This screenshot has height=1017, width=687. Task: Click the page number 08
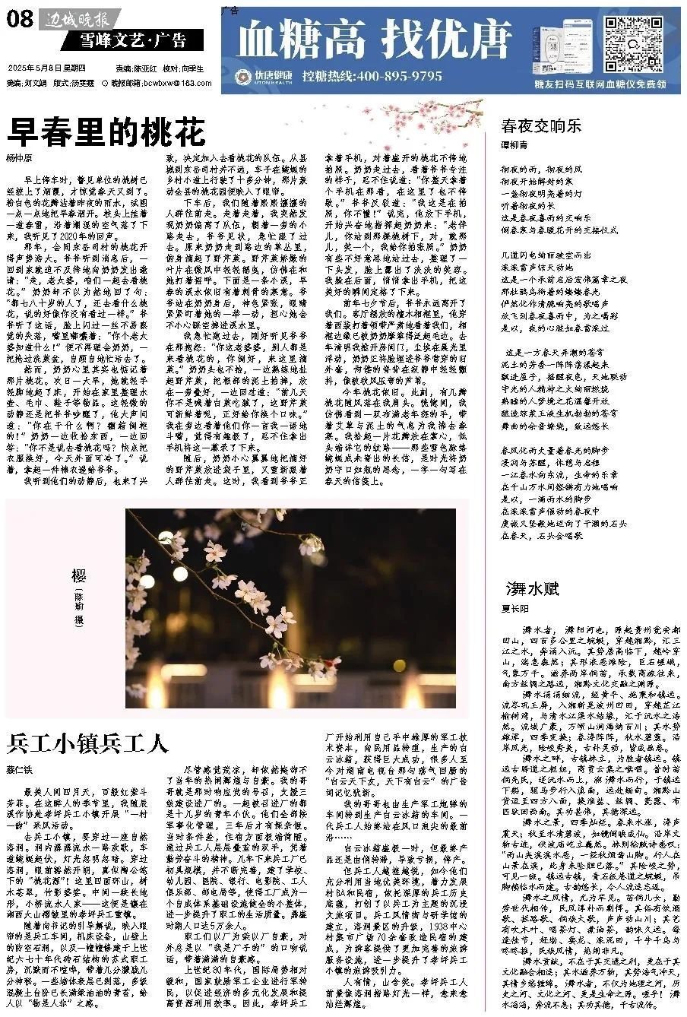[20, 18]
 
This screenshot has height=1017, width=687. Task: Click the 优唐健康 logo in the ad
[258, 77]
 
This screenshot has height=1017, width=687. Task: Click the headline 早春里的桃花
[106, 132]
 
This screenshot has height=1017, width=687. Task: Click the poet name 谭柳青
[514, 145]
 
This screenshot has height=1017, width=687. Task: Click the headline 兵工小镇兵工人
[87, 742]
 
